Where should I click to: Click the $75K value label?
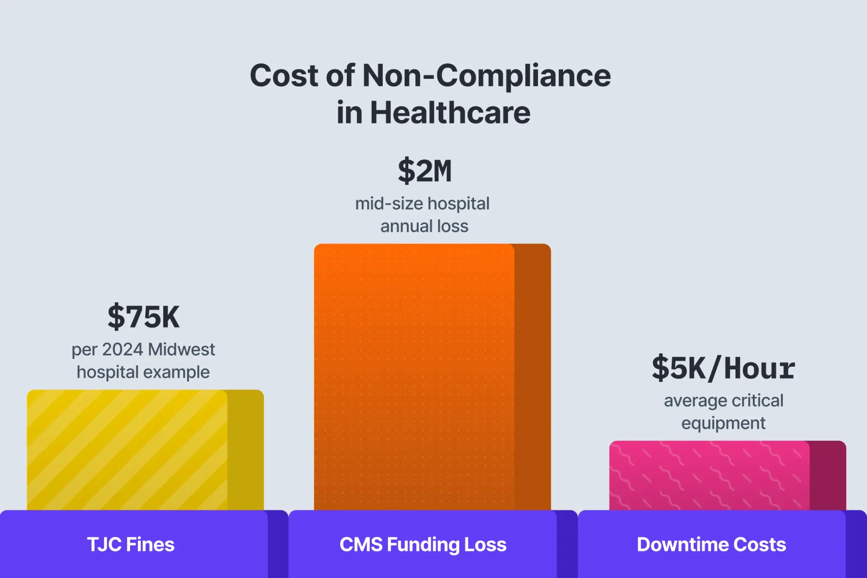click(143, 317)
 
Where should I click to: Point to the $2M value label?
click(425, 171)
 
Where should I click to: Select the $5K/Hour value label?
click(723, 368)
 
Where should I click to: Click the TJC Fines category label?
click(131, 545)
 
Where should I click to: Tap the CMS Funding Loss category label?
click(423, 545)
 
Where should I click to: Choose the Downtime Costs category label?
click(711, 545)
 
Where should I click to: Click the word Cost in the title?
click(284, 75)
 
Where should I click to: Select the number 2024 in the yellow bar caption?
click(123, 349)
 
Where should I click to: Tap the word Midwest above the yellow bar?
click(182, 349)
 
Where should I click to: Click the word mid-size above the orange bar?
click(389, 204)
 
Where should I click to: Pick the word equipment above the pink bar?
click(724, 423)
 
